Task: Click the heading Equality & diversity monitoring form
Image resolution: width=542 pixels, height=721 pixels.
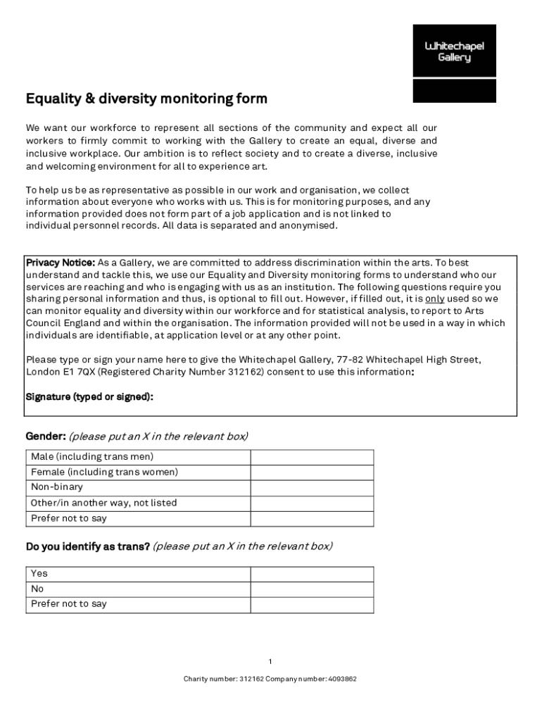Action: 146,99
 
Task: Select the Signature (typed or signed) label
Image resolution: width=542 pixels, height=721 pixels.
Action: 89,397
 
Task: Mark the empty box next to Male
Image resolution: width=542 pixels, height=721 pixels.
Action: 312,457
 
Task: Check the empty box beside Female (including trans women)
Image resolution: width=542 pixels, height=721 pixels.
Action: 312,472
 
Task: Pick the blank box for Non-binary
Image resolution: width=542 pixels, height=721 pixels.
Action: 312,488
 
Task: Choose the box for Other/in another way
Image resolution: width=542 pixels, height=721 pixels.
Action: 312,503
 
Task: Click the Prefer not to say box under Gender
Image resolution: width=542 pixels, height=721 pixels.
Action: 312,519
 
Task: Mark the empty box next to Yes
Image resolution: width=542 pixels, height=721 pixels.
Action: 312,574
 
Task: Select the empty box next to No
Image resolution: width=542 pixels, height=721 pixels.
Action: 312,589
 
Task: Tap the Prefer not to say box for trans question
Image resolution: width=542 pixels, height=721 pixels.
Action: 312,605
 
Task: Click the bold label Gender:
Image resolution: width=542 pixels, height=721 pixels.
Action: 46,437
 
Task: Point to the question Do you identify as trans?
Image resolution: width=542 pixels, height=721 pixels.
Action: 87,546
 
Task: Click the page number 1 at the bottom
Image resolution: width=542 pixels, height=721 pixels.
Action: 270,662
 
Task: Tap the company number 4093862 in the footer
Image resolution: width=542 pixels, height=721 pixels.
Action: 342,679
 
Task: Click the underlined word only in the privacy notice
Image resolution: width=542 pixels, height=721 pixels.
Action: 434,299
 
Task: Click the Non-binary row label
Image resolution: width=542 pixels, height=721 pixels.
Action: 57,487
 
